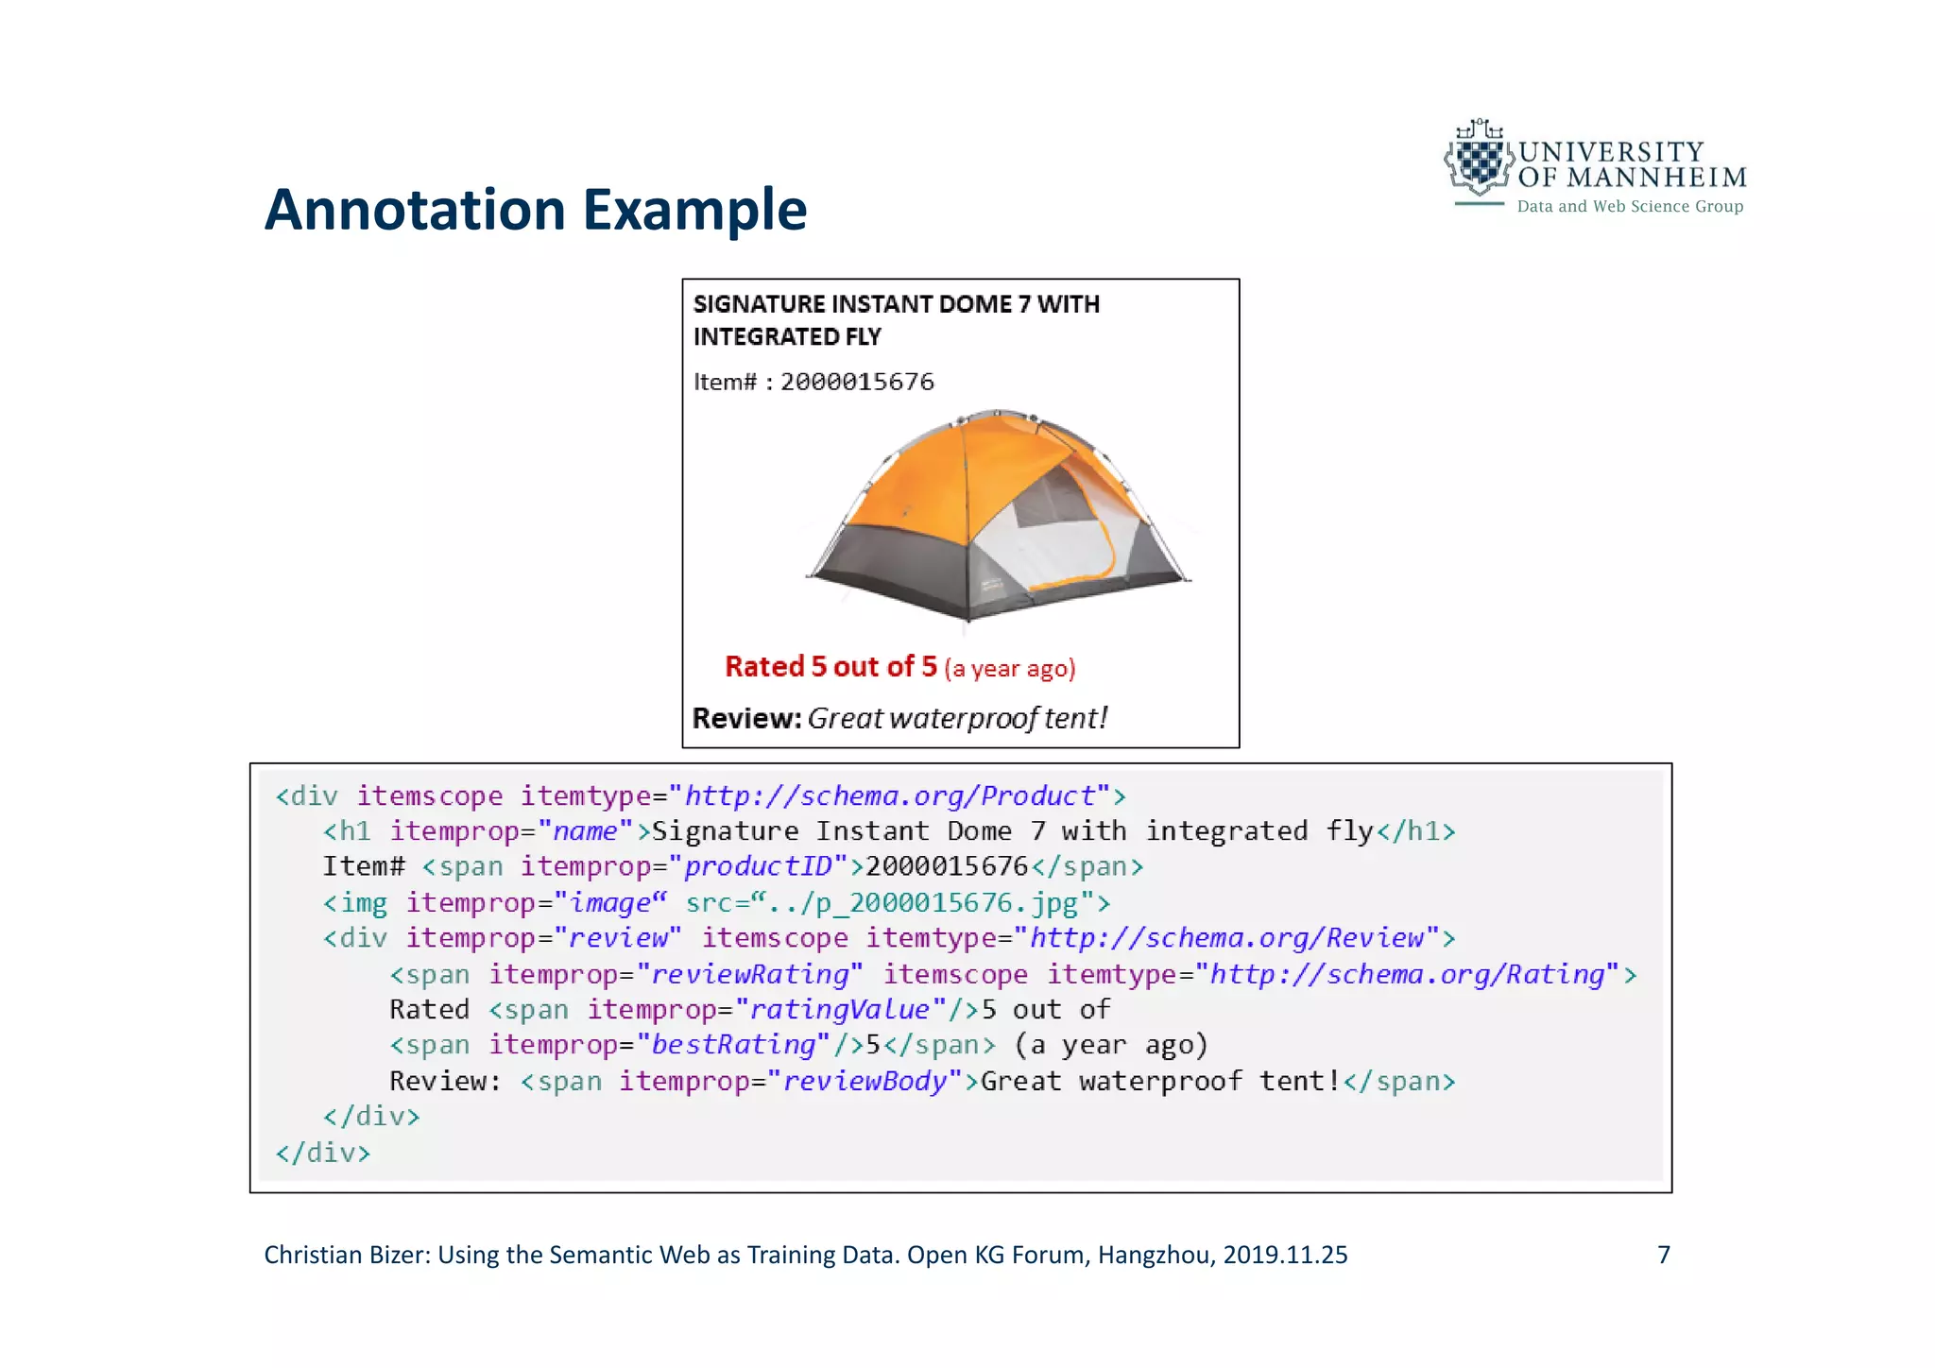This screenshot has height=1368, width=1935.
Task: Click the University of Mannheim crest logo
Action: pos(1480,161)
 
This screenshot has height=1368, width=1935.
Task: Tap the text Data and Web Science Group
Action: pos(1630,207)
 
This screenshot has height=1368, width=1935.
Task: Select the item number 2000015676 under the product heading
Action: pos(857,382)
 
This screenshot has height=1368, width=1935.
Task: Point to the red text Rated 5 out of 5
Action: pos(831,667)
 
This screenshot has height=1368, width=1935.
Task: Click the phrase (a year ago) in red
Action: pos(1009,669)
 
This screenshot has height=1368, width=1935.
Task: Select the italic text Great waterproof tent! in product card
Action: pos(957,719)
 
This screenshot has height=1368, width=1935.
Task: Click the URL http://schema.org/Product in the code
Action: pos(889,796)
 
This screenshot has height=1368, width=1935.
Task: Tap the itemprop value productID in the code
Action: pos(758,866)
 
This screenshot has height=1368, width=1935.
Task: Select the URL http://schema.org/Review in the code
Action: pos(1226,938)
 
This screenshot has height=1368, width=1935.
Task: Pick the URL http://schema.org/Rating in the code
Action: pos(1408,974)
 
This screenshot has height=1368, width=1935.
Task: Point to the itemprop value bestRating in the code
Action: pos(733,1045)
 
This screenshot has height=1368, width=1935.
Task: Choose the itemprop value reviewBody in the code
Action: pos(865,1081)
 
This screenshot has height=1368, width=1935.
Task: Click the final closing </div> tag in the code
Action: pos(323,1153)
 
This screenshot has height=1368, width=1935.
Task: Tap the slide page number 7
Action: pos(1664,1255)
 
